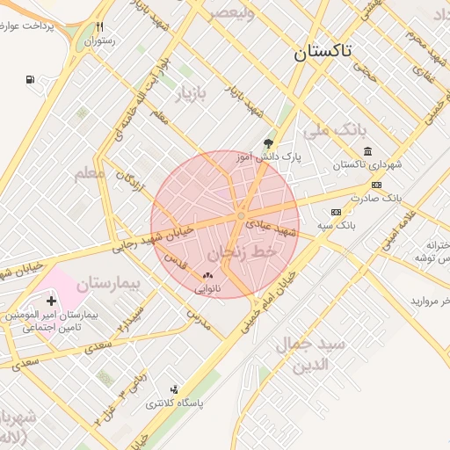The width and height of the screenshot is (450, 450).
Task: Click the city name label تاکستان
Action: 322,51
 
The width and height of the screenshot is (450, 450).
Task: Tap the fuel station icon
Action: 32,80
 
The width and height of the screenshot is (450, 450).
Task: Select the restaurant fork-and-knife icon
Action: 100,26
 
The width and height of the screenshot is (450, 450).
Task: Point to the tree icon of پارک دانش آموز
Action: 268,143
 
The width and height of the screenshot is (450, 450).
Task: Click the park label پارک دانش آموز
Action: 268,157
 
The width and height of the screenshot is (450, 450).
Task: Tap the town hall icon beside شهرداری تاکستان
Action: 367,151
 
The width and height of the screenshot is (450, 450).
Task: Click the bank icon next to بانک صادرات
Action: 377,185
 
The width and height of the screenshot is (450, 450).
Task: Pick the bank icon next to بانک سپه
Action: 336,212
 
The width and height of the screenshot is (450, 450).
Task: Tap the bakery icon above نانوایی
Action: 208,275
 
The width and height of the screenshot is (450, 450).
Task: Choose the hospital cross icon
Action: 51,301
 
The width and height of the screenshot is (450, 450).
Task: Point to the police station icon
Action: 174,389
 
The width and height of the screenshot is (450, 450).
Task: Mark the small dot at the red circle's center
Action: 241,215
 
